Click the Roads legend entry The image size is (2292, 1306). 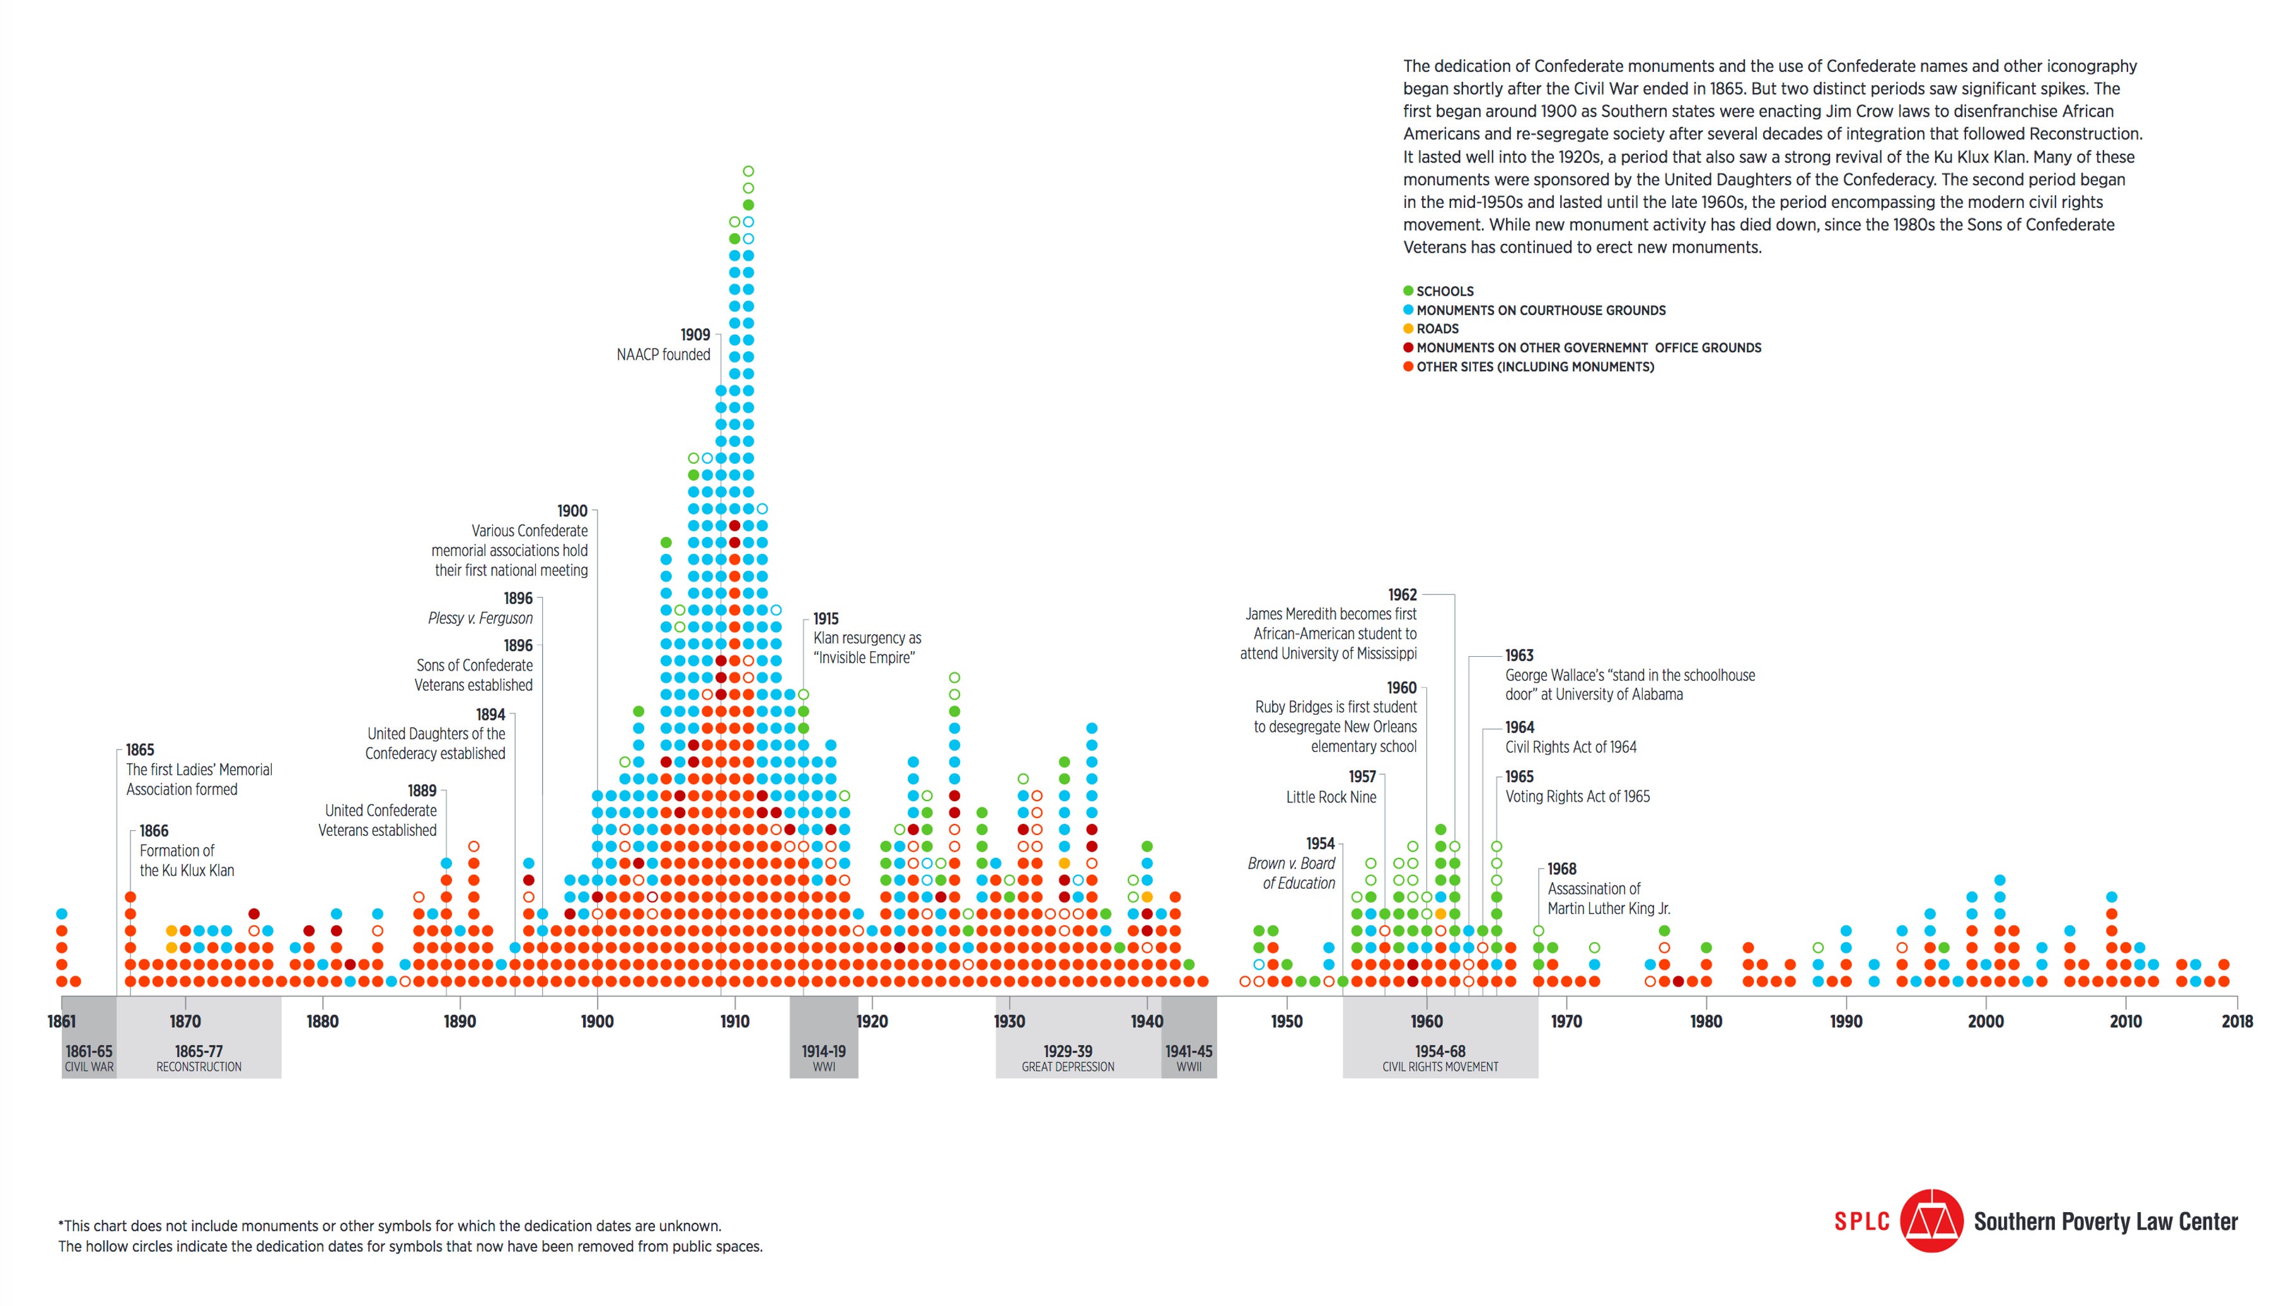1436,329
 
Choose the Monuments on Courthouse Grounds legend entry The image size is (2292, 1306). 1539,310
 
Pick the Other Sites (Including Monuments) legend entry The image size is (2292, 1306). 1534,367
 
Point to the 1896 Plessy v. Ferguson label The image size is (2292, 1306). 481,608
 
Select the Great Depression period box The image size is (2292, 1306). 1067,1058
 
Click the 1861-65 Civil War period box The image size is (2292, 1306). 89,1058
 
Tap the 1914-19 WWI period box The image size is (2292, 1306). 823,1058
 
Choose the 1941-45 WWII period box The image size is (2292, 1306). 1189,1058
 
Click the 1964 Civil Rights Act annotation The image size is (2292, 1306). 1570,737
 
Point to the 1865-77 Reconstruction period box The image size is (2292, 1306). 199,1058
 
